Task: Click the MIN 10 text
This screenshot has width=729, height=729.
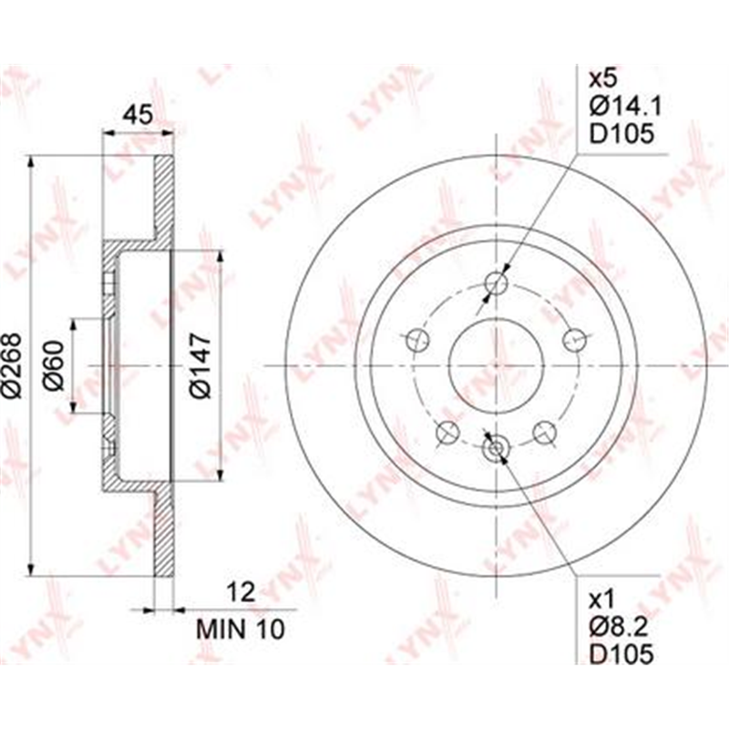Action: point(241,629)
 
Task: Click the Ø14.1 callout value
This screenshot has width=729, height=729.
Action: point(624,108)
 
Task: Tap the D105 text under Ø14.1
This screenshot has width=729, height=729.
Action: point(621,134)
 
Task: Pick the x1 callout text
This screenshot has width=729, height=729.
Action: point(602,599)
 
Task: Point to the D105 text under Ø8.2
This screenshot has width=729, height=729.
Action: point(621,653)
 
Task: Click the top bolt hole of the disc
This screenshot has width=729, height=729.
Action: point(495,282)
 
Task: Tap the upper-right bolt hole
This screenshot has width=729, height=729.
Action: point(573,339)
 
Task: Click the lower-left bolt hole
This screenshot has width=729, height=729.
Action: point(447,431)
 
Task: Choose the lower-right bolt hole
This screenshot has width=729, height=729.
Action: point(544,431)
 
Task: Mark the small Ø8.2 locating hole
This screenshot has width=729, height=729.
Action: point(495,447)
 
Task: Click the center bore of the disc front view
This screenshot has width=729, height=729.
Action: point(495,364)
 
